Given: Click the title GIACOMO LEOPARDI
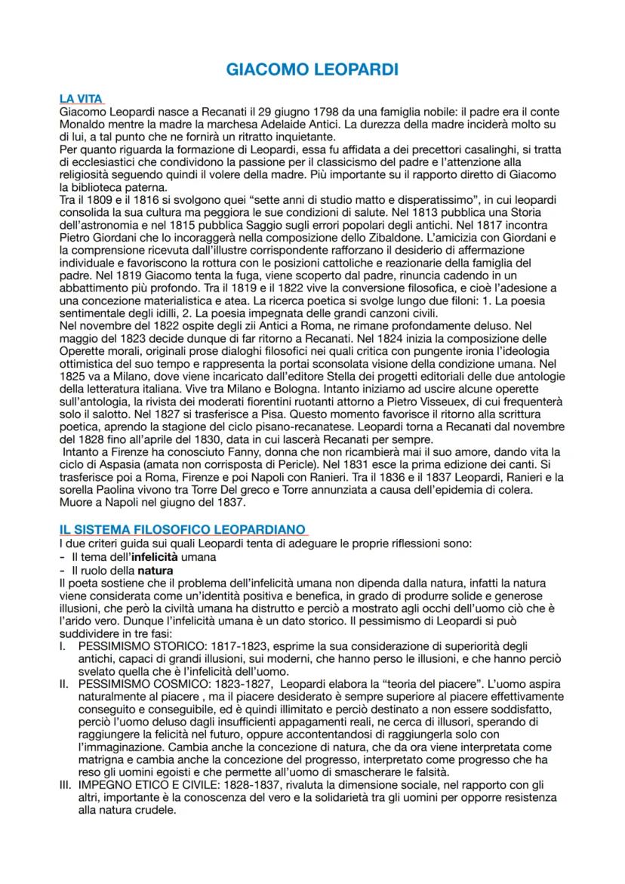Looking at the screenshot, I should click(312, 70).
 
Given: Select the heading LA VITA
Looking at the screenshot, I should click(81, 100).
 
